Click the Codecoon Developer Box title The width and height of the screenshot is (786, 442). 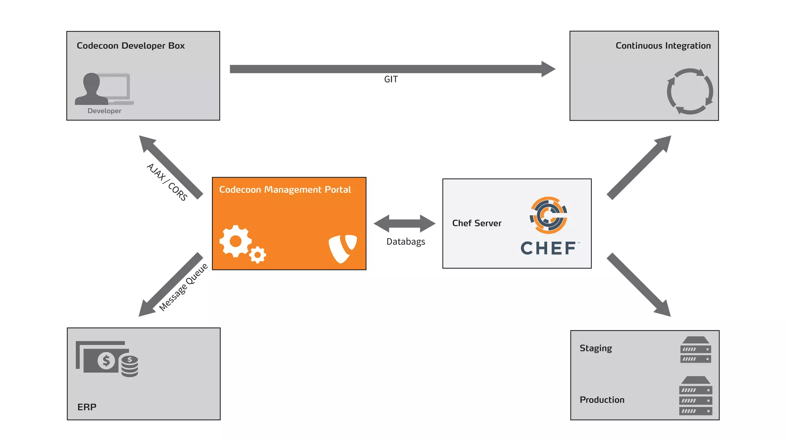[130, 46]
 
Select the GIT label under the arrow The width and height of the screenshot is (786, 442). [391, 79]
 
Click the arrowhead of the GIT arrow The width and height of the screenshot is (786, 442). [548, 69]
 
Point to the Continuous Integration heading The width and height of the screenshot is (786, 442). [663, 46]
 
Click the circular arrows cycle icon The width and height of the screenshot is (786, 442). [690, 91]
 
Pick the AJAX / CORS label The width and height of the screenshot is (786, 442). [167, 182]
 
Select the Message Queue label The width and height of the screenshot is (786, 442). [183, 287]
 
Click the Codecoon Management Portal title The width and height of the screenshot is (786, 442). [285, 190]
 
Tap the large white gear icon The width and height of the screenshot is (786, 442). [235, 241]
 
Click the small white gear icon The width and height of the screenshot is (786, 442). [258, 254]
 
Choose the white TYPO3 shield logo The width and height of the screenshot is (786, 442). [342, 248]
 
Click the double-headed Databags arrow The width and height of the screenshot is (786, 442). [405, 223]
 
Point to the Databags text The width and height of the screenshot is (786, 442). [406, 242]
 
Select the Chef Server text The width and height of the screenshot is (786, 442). [477, 223]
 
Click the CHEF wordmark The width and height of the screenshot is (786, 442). [548, 248]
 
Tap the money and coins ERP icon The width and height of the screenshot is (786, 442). [107, 359]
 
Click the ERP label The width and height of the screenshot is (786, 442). [87, 407]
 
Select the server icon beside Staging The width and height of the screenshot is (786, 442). [695, 350]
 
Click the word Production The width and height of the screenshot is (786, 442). [602, 400]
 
